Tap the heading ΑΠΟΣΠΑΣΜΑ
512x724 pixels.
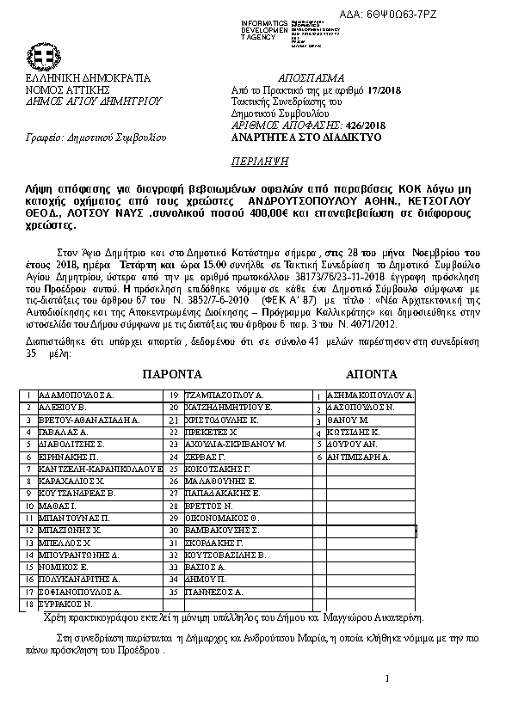(318, 77)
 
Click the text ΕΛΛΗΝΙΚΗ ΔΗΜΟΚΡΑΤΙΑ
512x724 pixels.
(77, 77)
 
